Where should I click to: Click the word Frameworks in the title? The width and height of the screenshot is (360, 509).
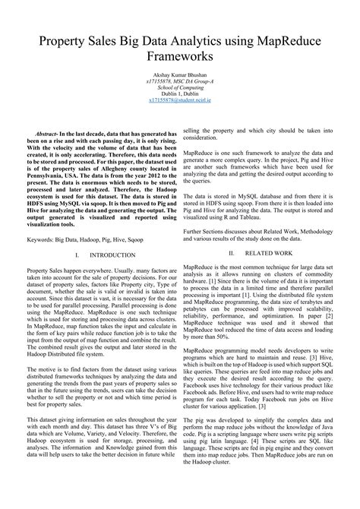(x=180, y=56)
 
